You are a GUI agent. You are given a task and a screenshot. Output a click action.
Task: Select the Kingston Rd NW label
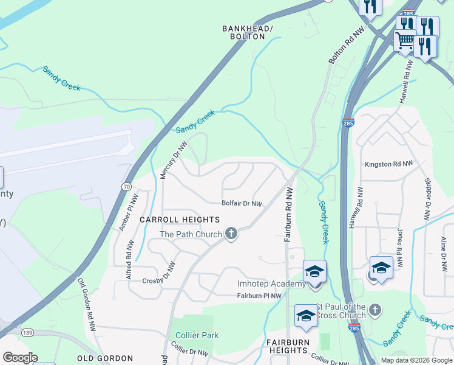pos(388,164)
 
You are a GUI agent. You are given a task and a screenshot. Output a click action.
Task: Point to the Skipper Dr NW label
pos(427,200)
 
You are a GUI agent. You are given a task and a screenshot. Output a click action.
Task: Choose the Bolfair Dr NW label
pos(242,204)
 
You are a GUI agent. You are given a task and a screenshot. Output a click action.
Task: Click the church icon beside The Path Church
pos(231,233)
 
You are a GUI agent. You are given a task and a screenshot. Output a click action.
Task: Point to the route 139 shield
pos(27,332)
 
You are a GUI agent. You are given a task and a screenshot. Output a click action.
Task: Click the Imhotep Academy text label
pos(271,284)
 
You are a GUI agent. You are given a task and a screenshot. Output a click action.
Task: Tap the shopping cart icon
pos(405,41)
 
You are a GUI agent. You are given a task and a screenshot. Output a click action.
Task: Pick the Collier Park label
pos(197,335)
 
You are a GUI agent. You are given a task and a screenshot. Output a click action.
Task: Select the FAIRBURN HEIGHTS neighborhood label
pos(288,346)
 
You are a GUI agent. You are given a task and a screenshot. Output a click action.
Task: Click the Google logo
pos(20,358)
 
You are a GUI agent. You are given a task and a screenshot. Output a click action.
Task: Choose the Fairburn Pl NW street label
pos(259,296)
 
